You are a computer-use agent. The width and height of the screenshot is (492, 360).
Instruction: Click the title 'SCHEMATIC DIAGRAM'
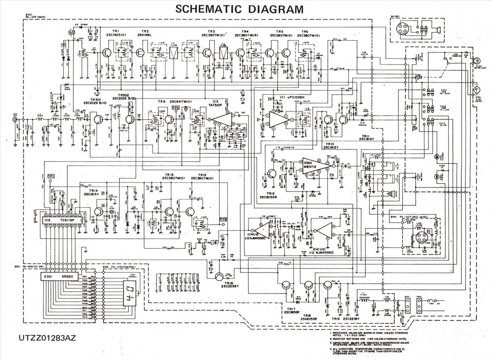(239, 9)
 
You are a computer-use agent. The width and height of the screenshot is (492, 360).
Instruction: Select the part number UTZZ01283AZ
(47, 338)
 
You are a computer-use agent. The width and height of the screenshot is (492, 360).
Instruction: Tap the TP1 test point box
(51, 176)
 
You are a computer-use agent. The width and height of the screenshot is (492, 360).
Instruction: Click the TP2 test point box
(176, 108)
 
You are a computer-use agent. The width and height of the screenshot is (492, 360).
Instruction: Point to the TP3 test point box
(223, 220)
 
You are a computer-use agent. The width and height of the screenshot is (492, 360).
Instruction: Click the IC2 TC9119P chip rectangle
(60, 220)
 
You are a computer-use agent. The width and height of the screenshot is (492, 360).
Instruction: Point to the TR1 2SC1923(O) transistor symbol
(107, 53)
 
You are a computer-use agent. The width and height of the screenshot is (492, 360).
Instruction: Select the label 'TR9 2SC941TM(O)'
(175, 102)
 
